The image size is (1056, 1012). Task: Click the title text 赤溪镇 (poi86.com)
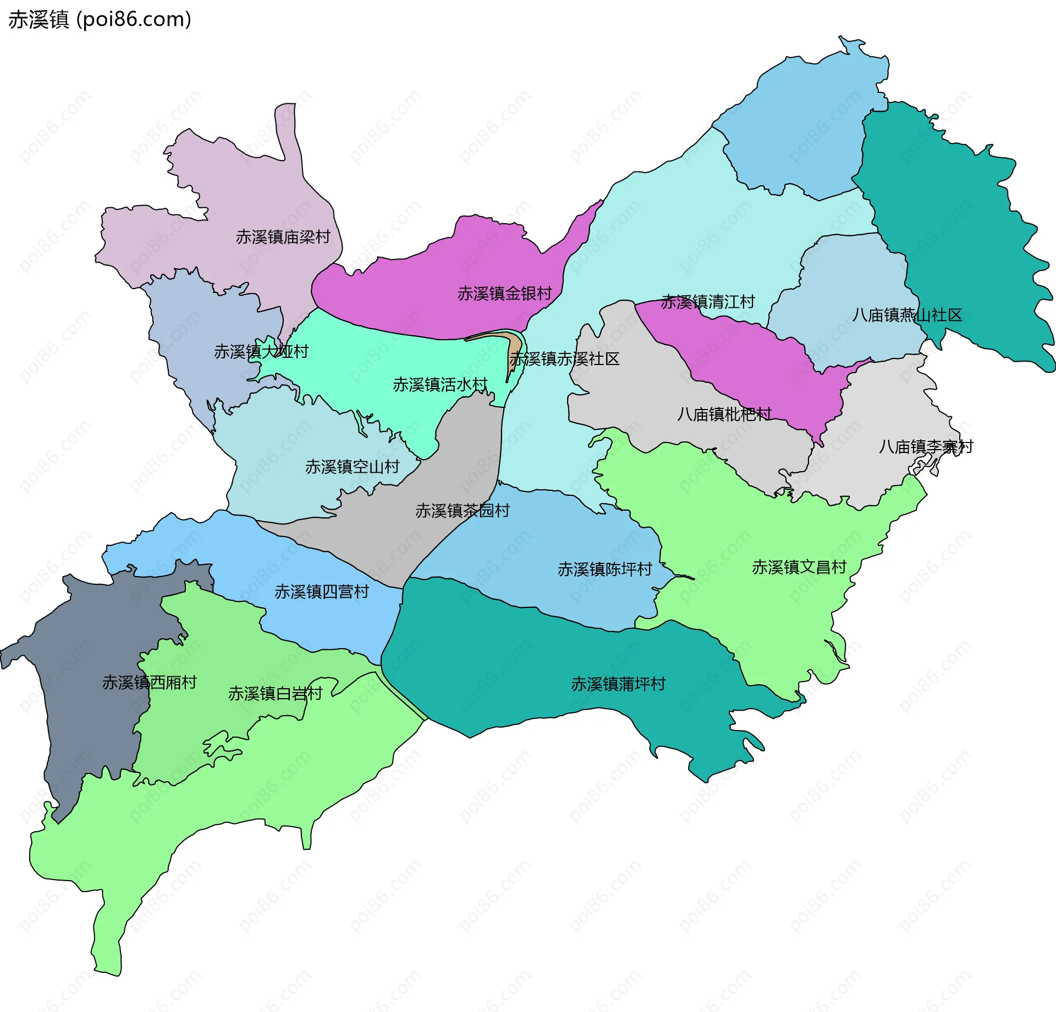click(100, 20)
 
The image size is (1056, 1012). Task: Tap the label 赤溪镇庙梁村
click(283, 237)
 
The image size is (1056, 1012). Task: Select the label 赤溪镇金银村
click(504, 294)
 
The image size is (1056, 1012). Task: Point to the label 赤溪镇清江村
click(707, 302)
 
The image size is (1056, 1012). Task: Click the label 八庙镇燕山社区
click(907, 315)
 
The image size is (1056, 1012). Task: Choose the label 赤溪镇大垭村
click(261, 351)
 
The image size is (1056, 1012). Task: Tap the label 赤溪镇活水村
click(440, 384)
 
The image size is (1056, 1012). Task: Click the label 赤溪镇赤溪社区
click(564, 359)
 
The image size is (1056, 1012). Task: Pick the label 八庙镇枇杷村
click(724, 414)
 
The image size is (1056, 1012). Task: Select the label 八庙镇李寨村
click(926, 446)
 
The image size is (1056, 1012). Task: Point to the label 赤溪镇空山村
click(352, 467)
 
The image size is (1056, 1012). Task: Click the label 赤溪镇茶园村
click(462, 511)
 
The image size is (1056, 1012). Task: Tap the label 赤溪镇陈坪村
click(604, 569)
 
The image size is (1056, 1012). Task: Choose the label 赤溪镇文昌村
click(799, 567)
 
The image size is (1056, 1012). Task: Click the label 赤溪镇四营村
click(321, 591)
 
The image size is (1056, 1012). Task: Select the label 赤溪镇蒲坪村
click(618, 684)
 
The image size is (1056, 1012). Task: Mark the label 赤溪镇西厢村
click(149, 682)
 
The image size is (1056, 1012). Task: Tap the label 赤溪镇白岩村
click(275, 693)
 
